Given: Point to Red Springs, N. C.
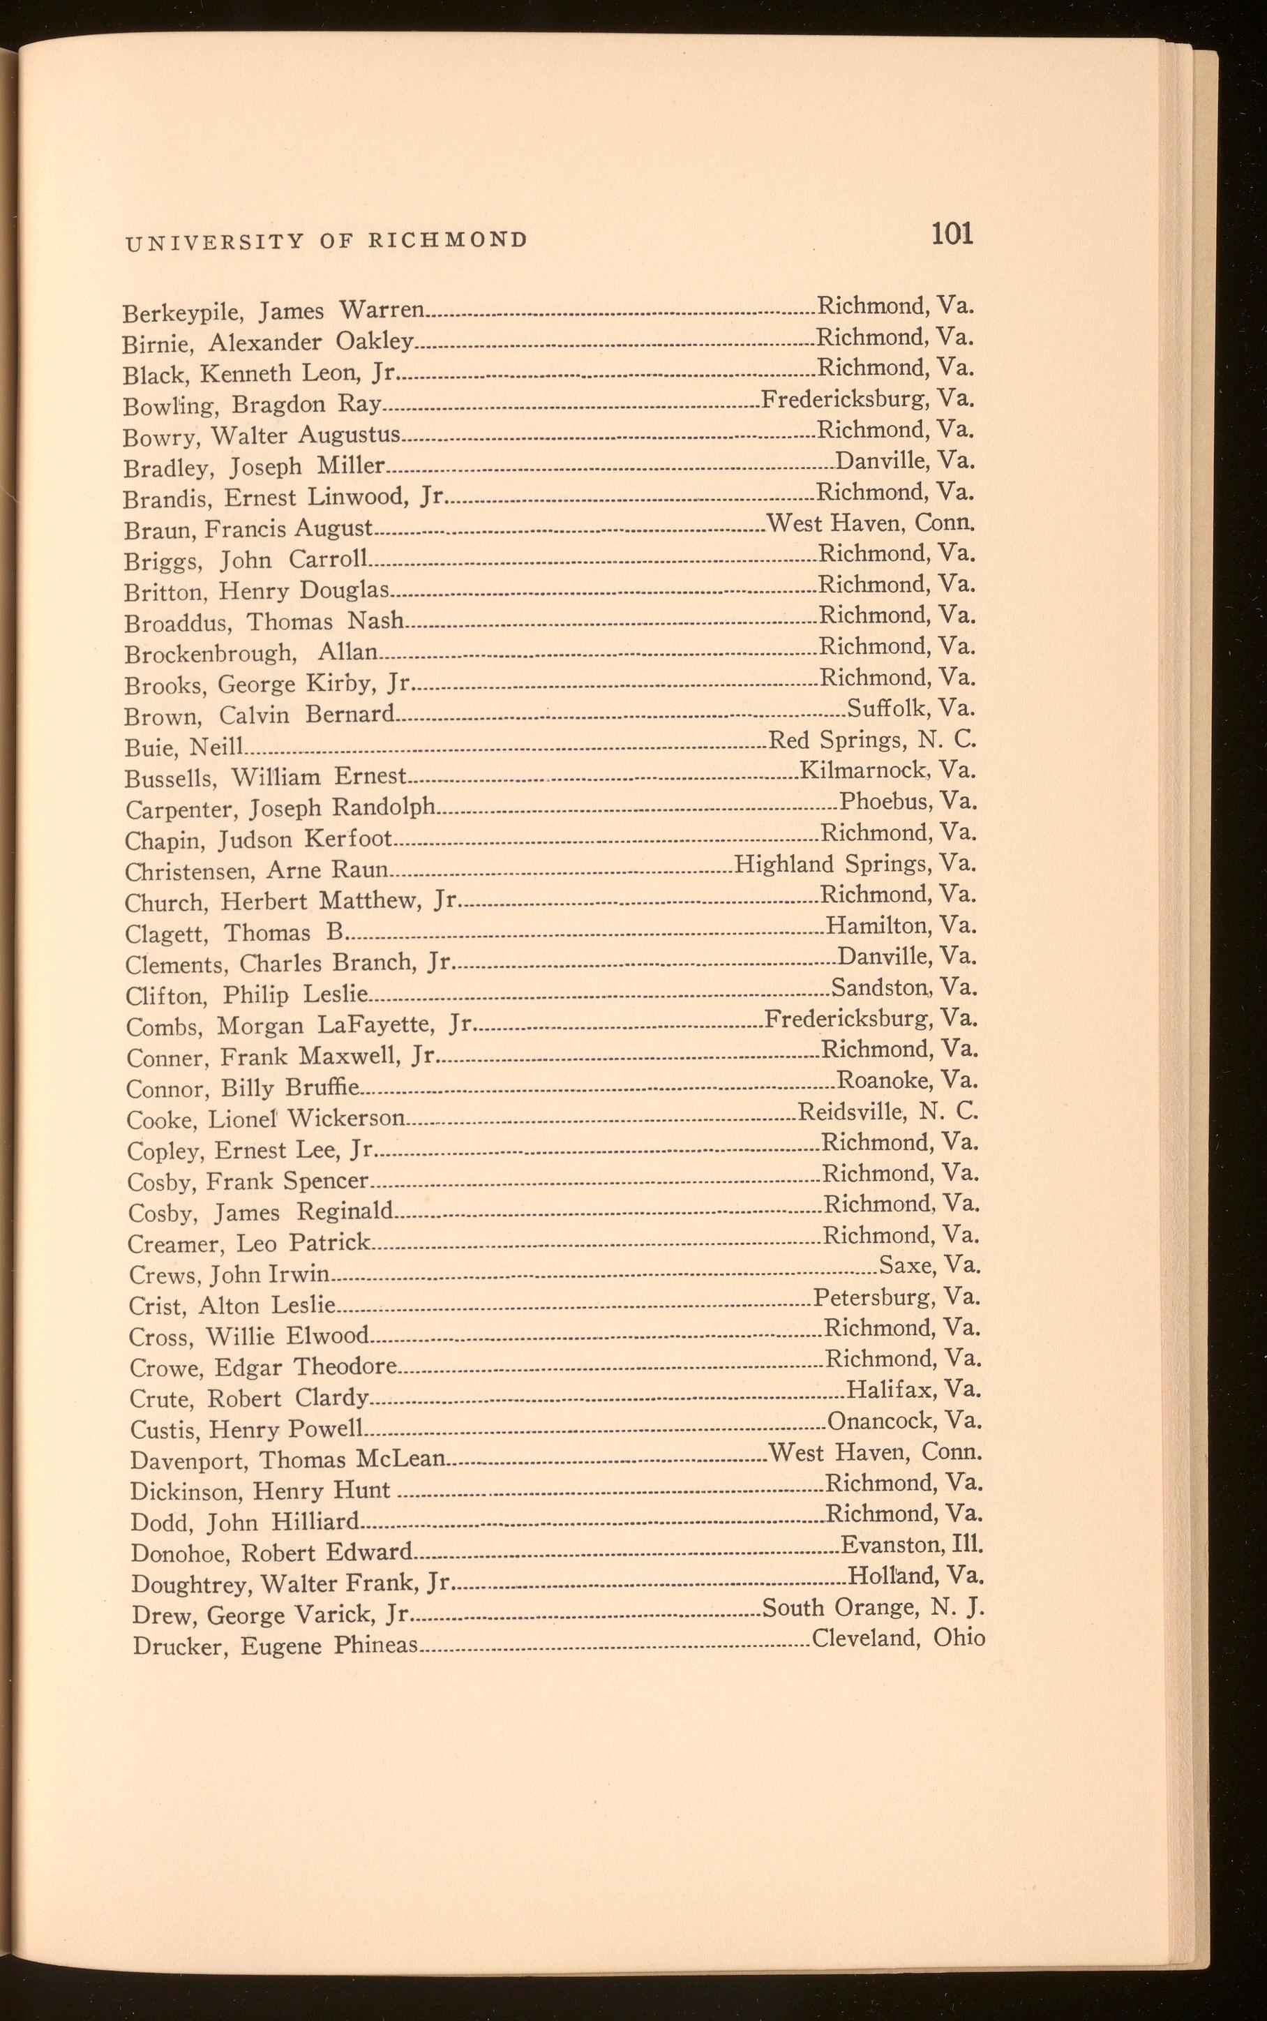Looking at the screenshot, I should click(872, 740).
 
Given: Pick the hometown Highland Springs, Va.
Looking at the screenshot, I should click(855, 864).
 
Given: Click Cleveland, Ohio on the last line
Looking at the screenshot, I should click(899, 1638).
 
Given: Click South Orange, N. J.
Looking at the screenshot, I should click(872, 1607).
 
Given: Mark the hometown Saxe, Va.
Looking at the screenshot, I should click(929, 1265).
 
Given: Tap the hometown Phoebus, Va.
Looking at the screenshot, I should click(908, 802).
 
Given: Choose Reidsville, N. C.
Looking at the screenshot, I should click(887, 1112).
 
